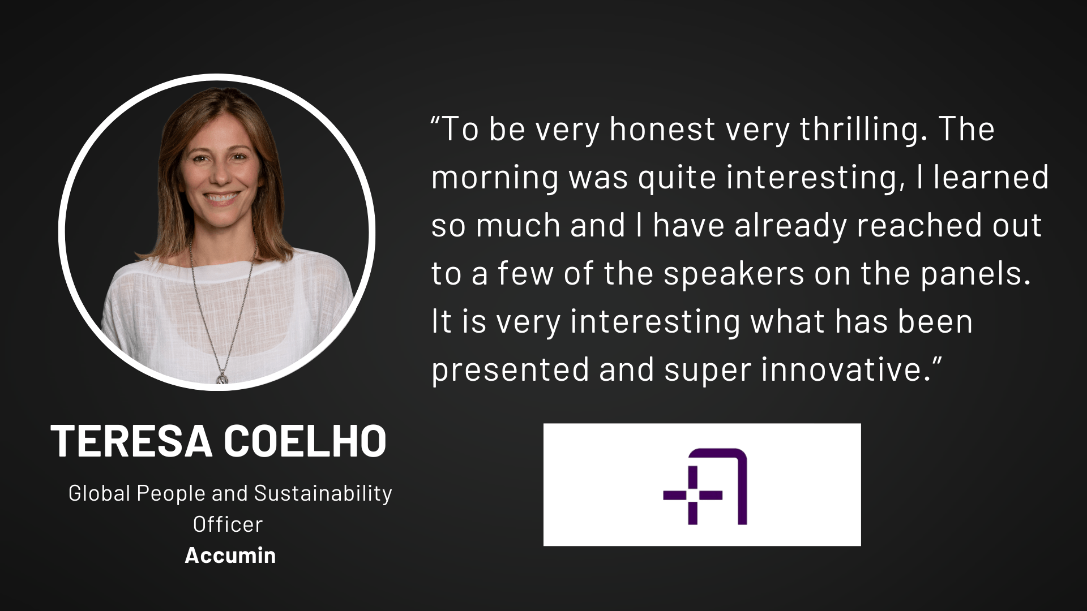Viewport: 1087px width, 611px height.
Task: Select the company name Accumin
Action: (230, 555)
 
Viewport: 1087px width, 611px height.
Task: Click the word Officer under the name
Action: (228, 524)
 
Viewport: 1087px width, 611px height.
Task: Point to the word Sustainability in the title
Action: (323, 494)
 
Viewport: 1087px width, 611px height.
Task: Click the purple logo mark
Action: (705, 487)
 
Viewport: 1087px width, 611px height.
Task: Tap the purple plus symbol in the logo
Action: (693, 496)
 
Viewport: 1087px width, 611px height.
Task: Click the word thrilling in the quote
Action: (861, 130)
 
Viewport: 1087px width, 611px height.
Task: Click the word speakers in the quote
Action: (734, 274)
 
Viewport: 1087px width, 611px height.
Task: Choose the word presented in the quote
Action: (511, 371)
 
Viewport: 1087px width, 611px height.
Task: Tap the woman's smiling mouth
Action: (220, 199)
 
